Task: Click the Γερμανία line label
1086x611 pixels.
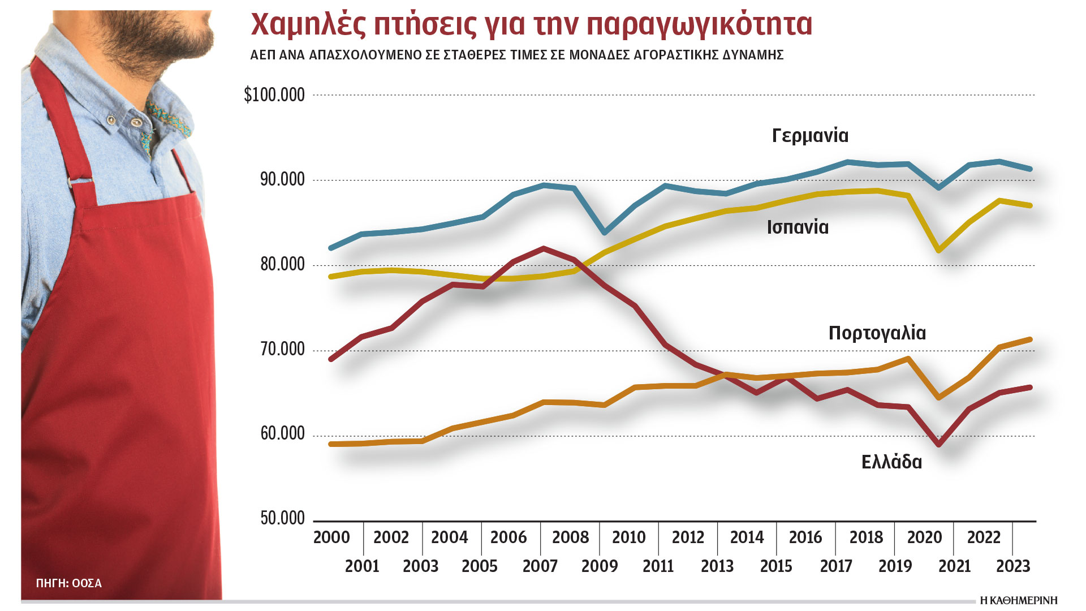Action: [810, 136]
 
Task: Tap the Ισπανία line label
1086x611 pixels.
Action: [798, 227]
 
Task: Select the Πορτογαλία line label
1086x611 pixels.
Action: [877, 333]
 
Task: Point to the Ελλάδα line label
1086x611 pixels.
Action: [891, 462]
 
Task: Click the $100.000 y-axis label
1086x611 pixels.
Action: [274, 94]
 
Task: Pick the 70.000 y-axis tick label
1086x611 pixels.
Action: [282, 349]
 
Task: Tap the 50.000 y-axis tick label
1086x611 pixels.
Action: [282, 518]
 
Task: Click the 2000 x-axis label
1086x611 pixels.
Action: [331, 537]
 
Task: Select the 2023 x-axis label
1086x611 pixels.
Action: [1013, 566]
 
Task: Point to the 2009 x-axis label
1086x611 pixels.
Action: [600, 566]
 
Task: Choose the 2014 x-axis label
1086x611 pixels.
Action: [747, 537]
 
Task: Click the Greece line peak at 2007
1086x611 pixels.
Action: [543, 248]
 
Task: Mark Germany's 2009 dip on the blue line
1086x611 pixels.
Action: [605, 233]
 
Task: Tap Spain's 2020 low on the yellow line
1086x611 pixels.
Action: [940, 250]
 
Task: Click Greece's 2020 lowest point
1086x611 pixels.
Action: [940, 445]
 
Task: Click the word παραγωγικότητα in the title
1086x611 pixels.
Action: [699, 24]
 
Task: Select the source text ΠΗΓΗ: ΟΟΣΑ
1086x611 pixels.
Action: [68, 583]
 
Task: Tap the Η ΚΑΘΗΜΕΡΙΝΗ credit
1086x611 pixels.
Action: [1018, 600]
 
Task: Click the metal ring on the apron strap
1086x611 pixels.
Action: [72, 182]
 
